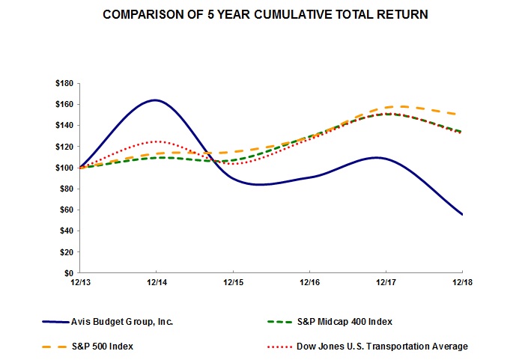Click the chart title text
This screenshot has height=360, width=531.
point(266,15)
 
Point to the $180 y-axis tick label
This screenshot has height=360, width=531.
point(65,83)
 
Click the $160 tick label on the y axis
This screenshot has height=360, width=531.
point(65,104)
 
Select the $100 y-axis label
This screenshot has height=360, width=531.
point(65,168)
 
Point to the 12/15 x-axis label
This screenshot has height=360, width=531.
point(233,282)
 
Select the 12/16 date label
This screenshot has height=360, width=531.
point(309,282)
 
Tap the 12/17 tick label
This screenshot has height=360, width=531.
point(386,282)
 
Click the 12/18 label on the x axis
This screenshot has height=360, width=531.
point(462,282)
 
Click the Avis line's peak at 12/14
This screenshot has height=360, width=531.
point(156,100)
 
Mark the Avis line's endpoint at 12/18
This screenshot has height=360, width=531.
point(462,215)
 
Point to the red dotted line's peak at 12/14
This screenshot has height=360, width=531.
point(156,141)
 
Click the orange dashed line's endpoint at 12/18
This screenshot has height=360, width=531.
point(462,115)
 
